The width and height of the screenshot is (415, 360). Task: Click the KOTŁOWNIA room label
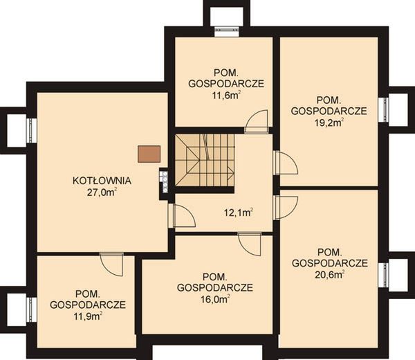pyautogui.click(x=102, y=181)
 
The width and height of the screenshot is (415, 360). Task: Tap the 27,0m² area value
pyautogui.click(x=102, y=192)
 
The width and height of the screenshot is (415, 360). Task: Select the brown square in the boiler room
pyautogui.click(x=149, y=154)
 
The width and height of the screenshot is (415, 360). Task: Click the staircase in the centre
pyautogui.click(x=205, y=160)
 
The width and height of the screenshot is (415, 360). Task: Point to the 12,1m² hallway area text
pyautogui.click(x=239, y=212)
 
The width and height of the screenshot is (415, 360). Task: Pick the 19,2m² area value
pyautogui.click(x=329, y=123)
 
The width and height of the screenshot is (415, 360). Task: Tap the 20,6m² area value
pyautogui.click(x=330, y=275)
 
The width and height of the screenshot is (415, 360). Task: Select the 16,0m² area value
pyautogui.click(x=215, y=299)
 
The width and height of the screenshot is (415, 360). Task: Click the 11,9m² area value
pyautogui.click(x=88, y=316)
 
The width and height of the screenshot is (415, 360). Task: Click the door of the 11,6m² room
pyautogui.click(x=256, y=121)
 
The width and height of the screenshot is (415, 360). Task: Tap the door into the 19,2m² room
pyautogui.click(x=286, y=163)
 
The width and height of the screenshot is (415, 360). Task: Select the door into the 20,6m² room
pyautogui.click(x=286, y=208)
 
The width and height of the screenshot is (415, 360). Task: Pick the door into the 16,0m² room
pyautogui.click(x=249, y=244)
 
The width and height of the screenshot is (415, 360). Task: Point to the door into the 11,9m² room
pyautogui.click(x=111, y=264)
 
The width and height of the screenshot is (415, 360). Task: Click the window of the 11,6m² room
pyautogui.click(x=227, y=32)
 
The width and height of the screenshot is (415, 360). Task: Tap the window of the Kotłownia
pyautogui.click(x=32, y=131)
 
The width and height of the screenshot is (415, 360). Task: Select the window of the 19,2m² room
pyautogui.click(x=383, y=109)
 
